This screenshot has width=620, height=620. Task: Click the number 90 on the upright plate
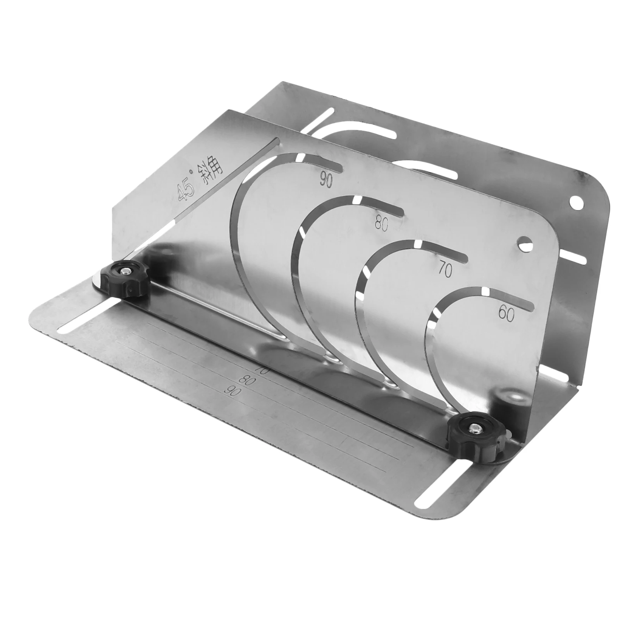(x=326, y=179)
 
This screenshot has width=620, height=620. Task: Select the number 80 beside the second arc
(x=382, y=224)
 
